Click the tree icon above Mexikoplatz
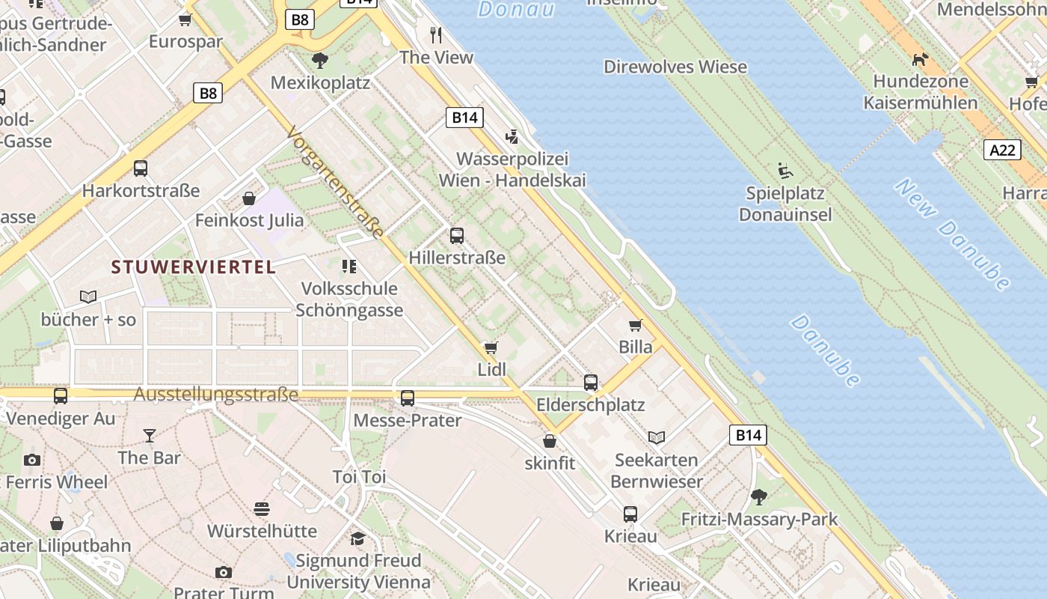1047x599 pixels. (x=320, y=60)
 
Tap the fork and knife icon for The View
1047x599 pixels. (x=437, y=34)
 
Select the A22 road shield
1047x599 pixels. (x=1002, y=150)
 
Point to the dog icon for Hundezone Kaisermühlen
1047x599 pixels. (x=920, y=58)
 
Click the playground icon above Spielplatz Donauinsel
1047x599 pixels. (x=785, y=171)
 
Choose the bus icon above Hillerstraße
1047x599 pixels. (x=457, y=235)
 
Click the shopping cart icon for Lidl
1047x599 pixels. (x=491, y=347)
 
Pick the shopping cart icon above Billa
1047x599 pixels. (x=636, y=325)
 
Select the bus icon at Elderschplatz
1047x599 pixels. (x=591, y=383)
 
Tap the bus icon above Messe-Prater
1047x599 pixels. (x=408, y=398)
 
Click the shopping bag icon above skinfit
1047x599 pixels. (x=550, y=441)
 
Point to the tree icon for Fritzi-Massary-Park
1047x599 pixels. (x=759, y=496)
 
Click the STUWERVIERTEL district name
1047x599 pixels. (x=193, y=267)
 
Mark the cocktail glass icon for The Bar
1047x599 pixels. (x=150, y=435)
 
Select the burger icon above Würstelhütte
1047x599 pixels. (x=262, y=509)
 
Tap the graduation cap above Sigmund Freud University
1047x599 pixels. (x=358, y=538)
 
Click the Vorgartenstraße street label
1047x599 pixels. (x=335, y=183)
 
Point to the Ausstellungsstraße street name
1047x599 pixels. (x=216, y=395)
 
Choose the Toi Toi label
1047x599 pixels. (x=359, y=477)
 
